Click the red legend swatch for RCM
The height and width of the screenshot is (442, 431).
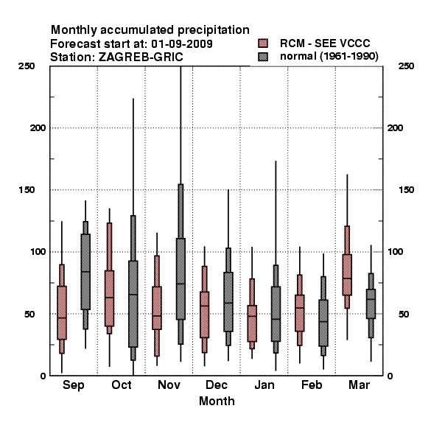263,43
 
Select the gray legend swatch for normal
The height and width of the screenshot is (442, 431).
263,57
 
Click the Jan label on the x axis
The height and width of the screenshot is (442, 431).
264,385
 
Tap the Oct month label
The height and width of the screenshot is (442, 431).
122,385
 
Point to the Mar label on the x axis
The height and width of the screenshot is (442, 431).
359,385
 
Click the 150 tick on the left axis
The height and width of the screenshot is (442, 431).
27,190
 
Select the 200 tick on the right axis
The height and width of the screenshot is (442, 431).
395,128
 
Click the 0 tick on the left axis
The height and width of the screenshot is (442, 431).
43,376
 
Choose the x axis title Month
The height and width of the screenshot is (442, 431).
217,401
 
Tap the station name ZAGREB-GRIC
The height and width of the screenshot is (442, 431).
141,57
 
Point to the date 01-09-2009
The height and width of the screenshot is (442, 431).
182,44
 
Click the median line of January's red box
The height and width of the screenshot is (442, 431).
252,316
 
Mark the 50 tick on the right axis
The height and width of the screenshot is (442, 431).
404,314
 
